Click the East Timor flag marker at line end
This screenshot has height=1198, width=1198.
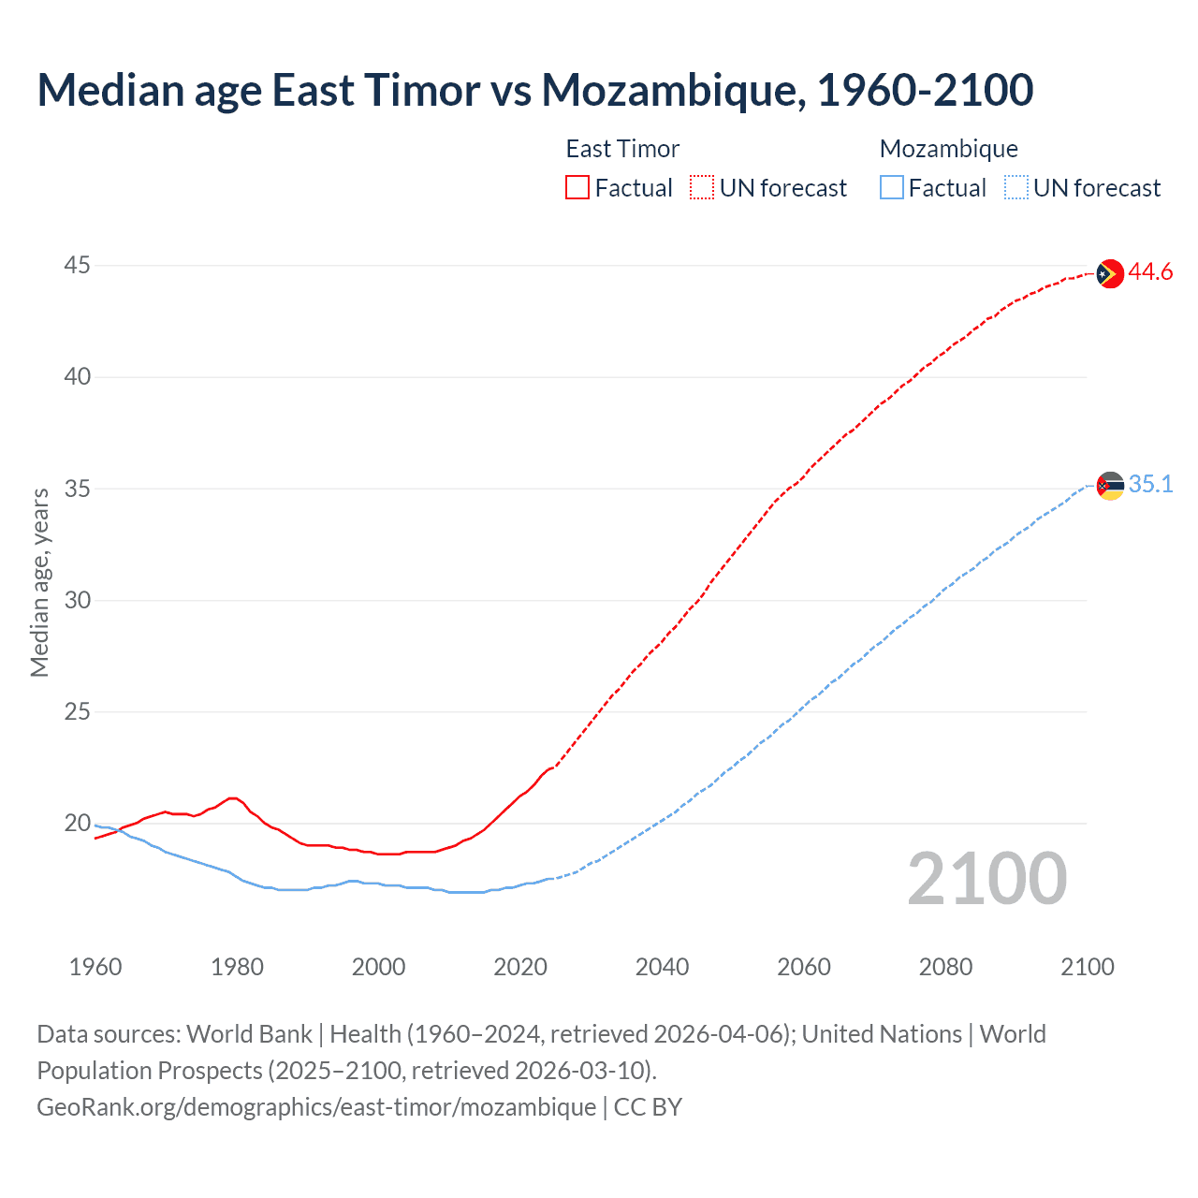coord(1110,273)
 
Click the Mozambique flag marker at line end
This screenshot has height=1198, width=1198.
coord(1110,486)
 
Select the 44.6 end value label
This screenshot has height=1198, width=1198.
coord(1150,272)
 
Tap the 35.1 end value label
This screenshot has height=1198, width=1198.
coord(1150,485)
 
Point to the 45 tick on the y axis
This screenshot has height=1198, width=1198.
coord(77,266)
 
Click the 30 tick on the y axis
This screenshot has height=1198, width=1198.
coord(77,600)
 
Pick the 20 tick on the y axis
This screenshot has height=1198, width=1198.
coord(77,824)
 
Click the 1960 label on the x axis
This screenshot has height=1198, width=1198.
coord(95,967)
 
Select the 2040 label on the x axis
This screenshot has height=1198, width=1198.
coord(662,967)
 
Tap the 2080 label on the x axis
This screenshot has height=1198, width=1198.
coord(945,967)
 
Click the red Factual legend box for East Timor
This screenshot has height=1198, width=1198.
coord(577,188)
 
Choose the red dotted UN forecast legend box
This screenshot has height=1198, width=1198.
coord(702,188)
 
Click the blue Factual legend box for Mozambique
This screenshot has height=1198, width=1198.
coord(891,188)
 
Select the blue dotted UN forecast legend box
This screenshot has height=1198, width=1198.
coord(1015,188)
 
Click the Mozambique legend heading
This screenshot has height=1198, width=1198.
coord(948,149)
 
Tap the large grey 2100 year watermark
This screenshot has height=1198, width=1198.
coord(986,879)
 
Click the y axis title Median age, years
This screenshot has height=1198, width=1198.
coord(39,582)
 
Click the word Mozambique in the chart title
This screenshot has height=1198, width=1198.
coord(669,91)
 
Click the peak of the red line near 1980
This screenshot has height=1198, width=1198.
coord(233,797)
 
